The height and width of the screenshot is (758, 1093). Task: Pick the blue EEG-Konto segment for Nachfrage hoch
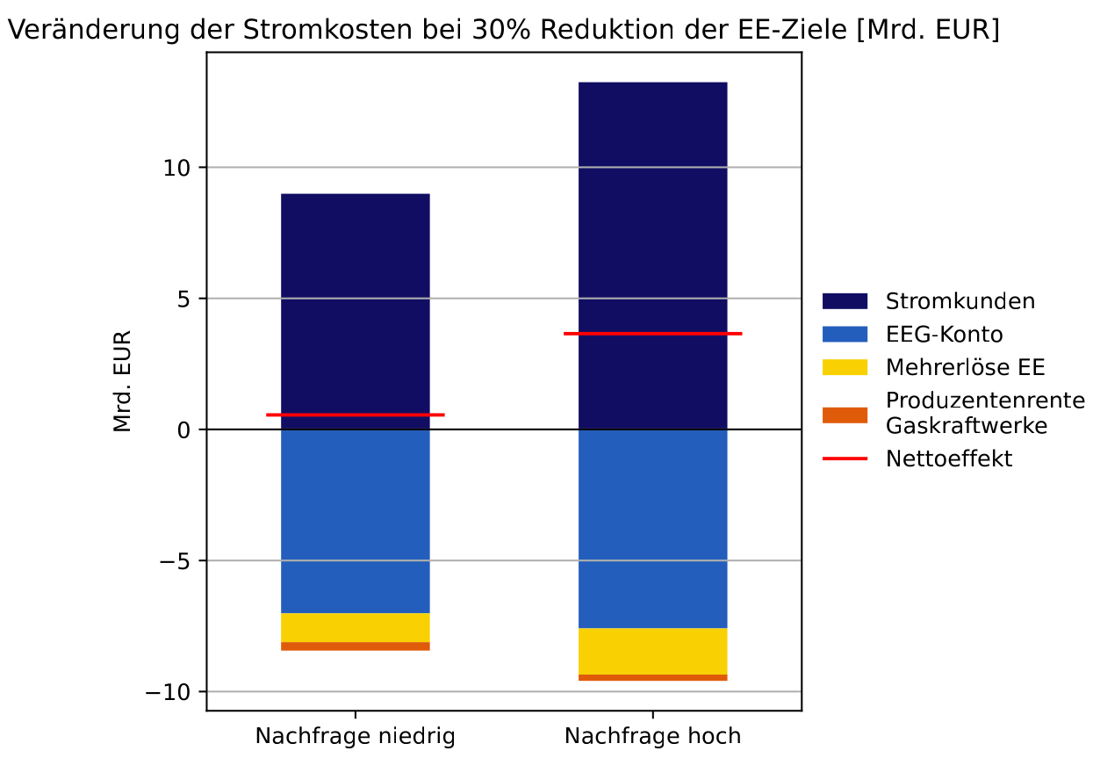652,528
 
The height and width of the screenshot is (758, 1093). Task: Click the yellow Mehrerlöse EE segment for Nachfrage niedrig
355,627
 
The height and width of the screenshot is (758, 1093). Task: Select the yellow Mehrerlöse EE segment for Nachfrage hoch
652,651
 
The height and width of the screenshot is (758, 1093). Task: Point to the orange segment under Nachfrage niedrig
355,646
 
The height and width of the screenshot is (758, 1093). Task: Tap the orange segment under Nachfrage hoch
652,677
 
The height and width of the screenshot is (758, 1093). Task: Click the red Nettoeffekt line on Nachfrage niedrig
355,415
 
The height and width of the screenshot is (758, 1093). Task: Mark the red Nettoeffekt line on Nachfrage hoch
652,334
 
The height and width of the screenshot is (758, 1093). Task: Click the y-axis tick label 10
179,168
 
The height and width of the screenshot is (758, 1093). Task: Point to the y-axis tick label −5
175,561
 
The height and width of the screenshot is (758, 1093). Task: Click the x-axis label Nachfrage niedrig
355,736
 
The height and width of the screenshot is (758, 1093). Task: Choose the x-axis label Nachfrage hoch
652,736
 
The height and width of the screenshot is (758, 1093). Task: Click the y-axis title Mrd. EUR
122,381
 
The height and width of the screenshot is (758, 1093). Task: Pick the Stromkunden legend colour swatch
844,301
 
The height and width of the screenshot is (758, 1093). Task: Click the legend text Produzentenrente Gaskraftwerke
984,413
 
